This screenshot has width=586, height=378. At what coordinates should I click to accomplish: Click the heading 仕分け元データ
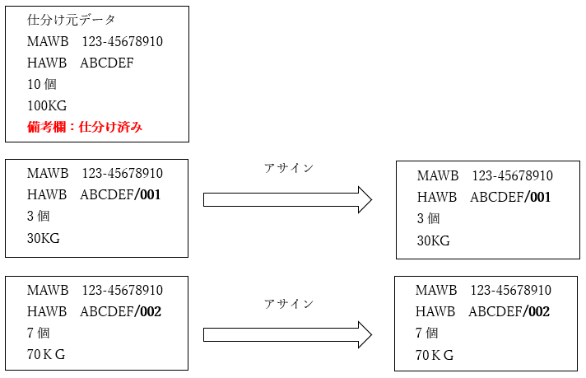72,20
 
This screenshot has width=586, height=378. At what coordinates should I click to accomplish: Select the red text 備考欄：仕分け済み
85,127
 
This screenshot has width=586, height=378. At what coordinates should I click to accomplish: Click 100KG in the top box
47,105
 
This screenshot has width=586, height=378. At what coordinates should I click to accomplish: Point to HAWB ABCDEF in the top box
80,63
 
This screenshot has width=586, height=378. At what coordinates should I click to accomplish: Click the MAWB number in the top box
122,41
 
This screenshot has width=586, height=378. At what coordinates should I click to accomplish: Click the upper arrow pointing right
287,199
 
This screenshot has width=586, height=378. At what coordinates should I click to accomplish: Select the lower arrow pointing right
287,335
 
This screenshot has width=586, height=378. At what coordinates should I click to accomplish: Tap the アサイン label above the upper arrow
289,168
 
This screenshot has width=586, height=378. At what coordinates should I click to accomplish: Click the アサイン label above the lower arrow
289,304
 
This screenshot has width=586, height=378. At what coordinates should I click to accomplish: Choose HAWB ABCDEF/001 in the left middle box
94,195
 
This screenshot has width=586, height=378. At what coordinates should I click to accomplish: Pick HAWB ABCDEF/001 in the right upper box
484,198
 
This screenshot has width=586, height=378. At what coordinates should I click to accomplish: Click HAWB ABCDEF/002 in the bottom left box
94,312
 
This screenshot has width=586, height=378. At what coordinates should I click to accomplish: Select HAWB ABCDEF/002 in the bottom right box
482,312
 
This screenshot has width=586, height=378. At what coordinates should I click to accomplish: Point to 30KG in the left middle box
44,238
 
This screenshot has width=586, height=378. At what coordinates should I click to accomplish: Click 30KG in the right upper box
434,240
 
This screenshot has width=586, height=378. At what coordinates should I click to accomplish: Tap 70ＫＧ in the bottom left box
46,355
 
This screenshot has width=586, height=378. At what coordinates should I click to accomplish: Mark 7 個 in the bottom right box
426,334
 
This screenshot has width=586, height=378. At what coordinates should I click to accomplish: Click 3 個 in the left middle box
39,217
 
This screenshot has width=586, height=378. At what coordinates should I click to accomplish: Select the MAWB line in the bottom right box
483,291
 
